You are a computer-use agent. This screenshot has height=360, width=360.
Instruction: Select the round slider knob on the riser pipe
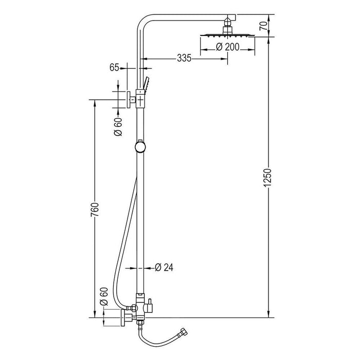tap(139, 146)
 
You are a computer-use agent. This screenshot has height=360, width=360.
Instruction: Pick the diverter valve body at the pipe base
tap(139, 308)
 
